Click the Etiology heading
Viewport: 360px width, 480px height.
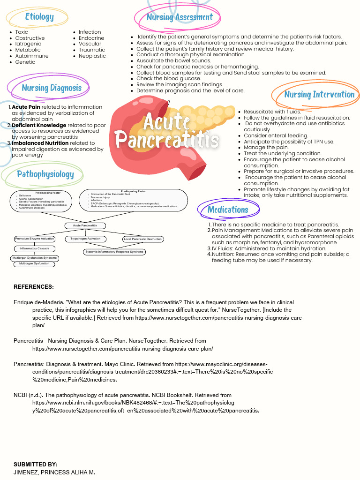click(x=39, y=17)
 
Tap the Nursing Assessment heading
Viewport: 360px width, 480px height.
click(x=180, y=17)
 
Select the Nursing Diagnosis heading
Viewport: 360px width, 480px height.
click(x=52, y=88)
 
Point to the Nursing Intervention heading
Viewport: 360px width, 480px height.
click(x=319, y=94)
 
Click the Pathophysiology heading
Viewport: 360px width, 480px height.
click(x=45, y=174)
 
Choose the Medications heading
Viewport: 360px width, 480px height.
click(x=228, y=210)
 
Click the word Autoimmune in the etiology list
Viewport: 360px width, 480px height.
click(x=32, y=56)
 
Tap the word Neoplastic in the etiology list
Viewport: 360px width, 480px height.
click(x=92, y=56)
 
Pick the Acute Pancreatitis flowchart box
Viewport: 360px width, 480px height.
click(x=85, y=226)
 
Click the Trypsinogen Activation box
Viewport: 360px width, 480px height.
click(x=86, y=239)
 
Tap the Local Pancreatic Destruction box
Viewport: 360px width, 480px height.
click(x=143, y=239)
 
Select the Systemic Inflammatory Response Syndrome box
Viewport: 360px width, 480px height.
click(x=114, y=252)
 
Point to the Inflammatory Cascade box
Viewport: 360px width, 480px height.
click(x=35, y=248)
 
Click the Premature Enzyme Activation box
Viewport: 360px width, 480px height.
click(x=35, y=239)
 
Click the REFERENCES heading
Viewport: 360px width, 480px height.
click(x=34, y=287)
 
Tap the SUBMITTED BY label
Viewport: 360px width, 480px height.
click(x=36, y=464)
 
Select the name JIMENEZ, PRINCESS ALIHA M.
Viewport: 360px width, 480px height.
click(x=54, y=472)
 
